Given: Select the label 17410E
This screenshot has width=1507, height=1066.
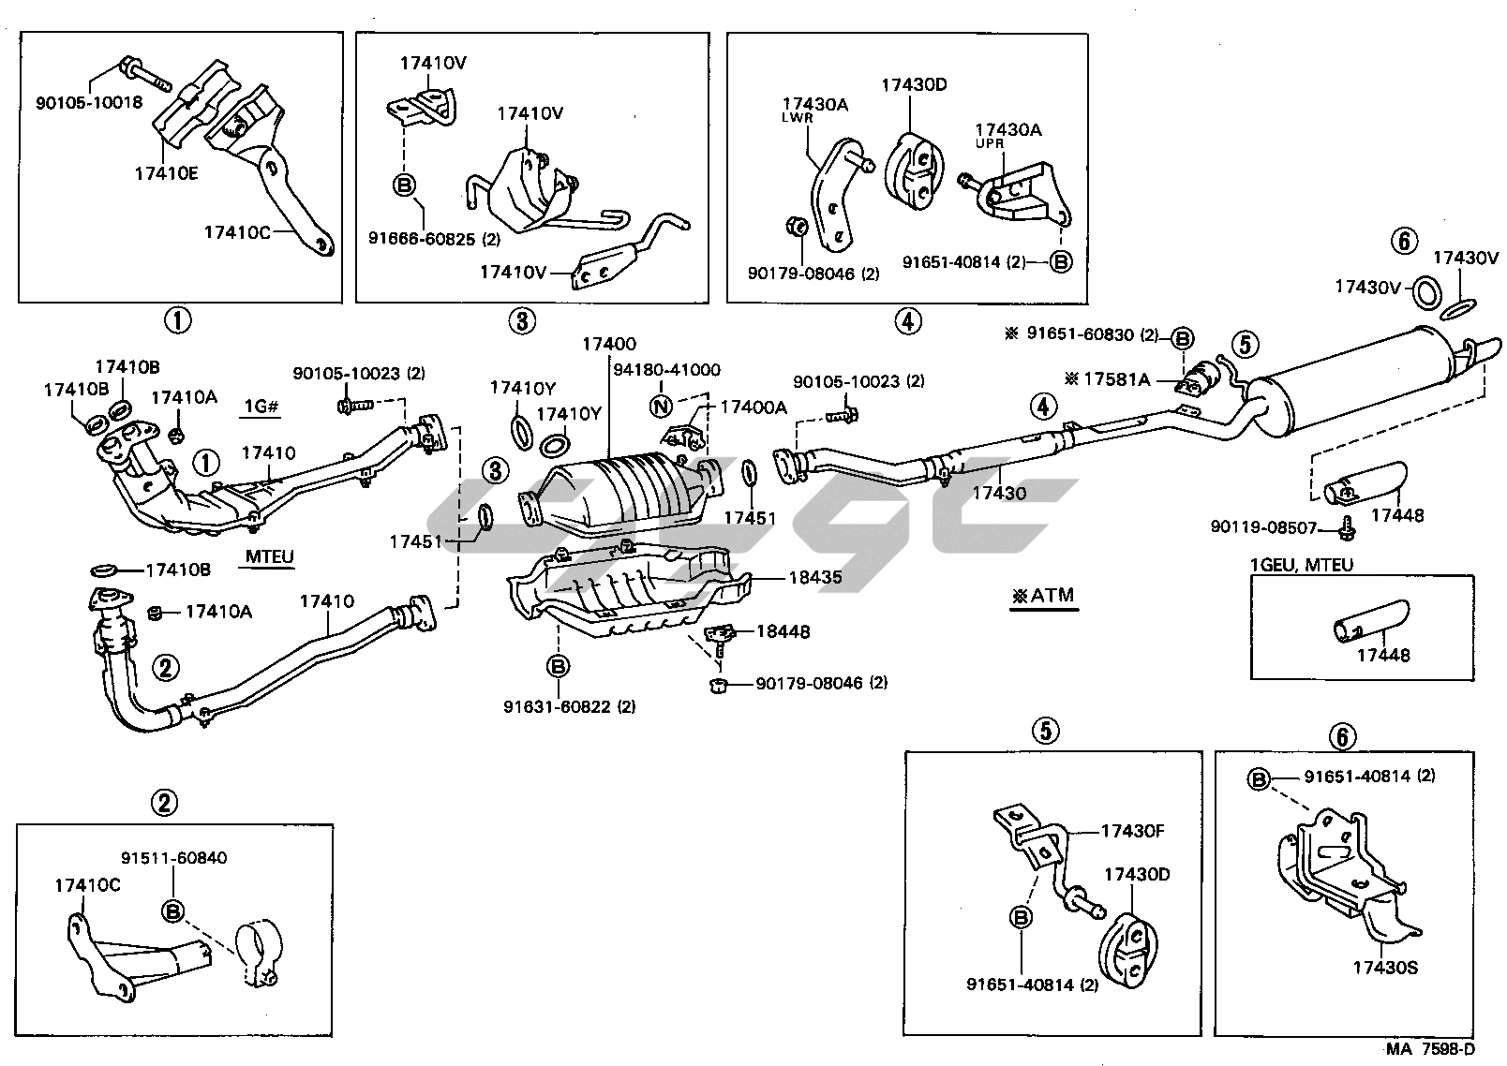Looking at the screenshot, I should [166, 172].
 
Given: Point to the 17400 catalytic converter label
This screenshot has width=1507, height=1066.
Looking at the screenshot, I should [608, 345].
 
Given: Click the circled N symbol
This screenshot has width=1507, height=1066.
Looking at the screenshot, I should [662, 406].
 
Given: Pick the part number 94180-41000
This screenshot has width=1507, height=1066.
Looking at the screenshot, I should [666, 369].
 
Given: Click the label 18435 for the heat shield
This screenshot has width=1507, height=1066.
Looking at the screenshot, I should [814, 578].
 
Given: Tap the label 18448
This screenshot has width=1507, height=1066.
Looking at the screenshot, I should [783, 631].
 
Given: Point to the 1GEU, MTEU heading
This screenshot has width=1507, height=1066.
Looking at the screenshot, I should [1301, 565].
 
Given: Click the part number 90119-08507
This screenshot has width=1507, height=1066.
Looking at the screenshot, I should [1262, 528].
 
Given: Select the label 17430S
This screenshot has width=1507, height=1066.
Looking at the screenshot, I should [1385, 968].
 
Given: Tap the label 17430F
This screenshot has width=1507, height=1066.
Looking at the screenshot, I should [1132, 831].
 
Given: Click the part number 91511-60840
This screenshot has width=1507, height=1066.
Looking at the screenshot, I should [173, 857].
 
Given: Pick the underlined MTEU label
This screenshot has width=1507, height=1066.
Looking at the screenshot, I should [270, 557].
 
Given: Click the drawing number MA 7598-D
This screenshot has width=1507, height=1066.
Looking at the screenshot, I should [1431, 1049].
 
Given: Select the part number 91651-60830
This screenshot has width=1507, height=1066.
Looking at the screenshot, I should [1082, 334].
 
